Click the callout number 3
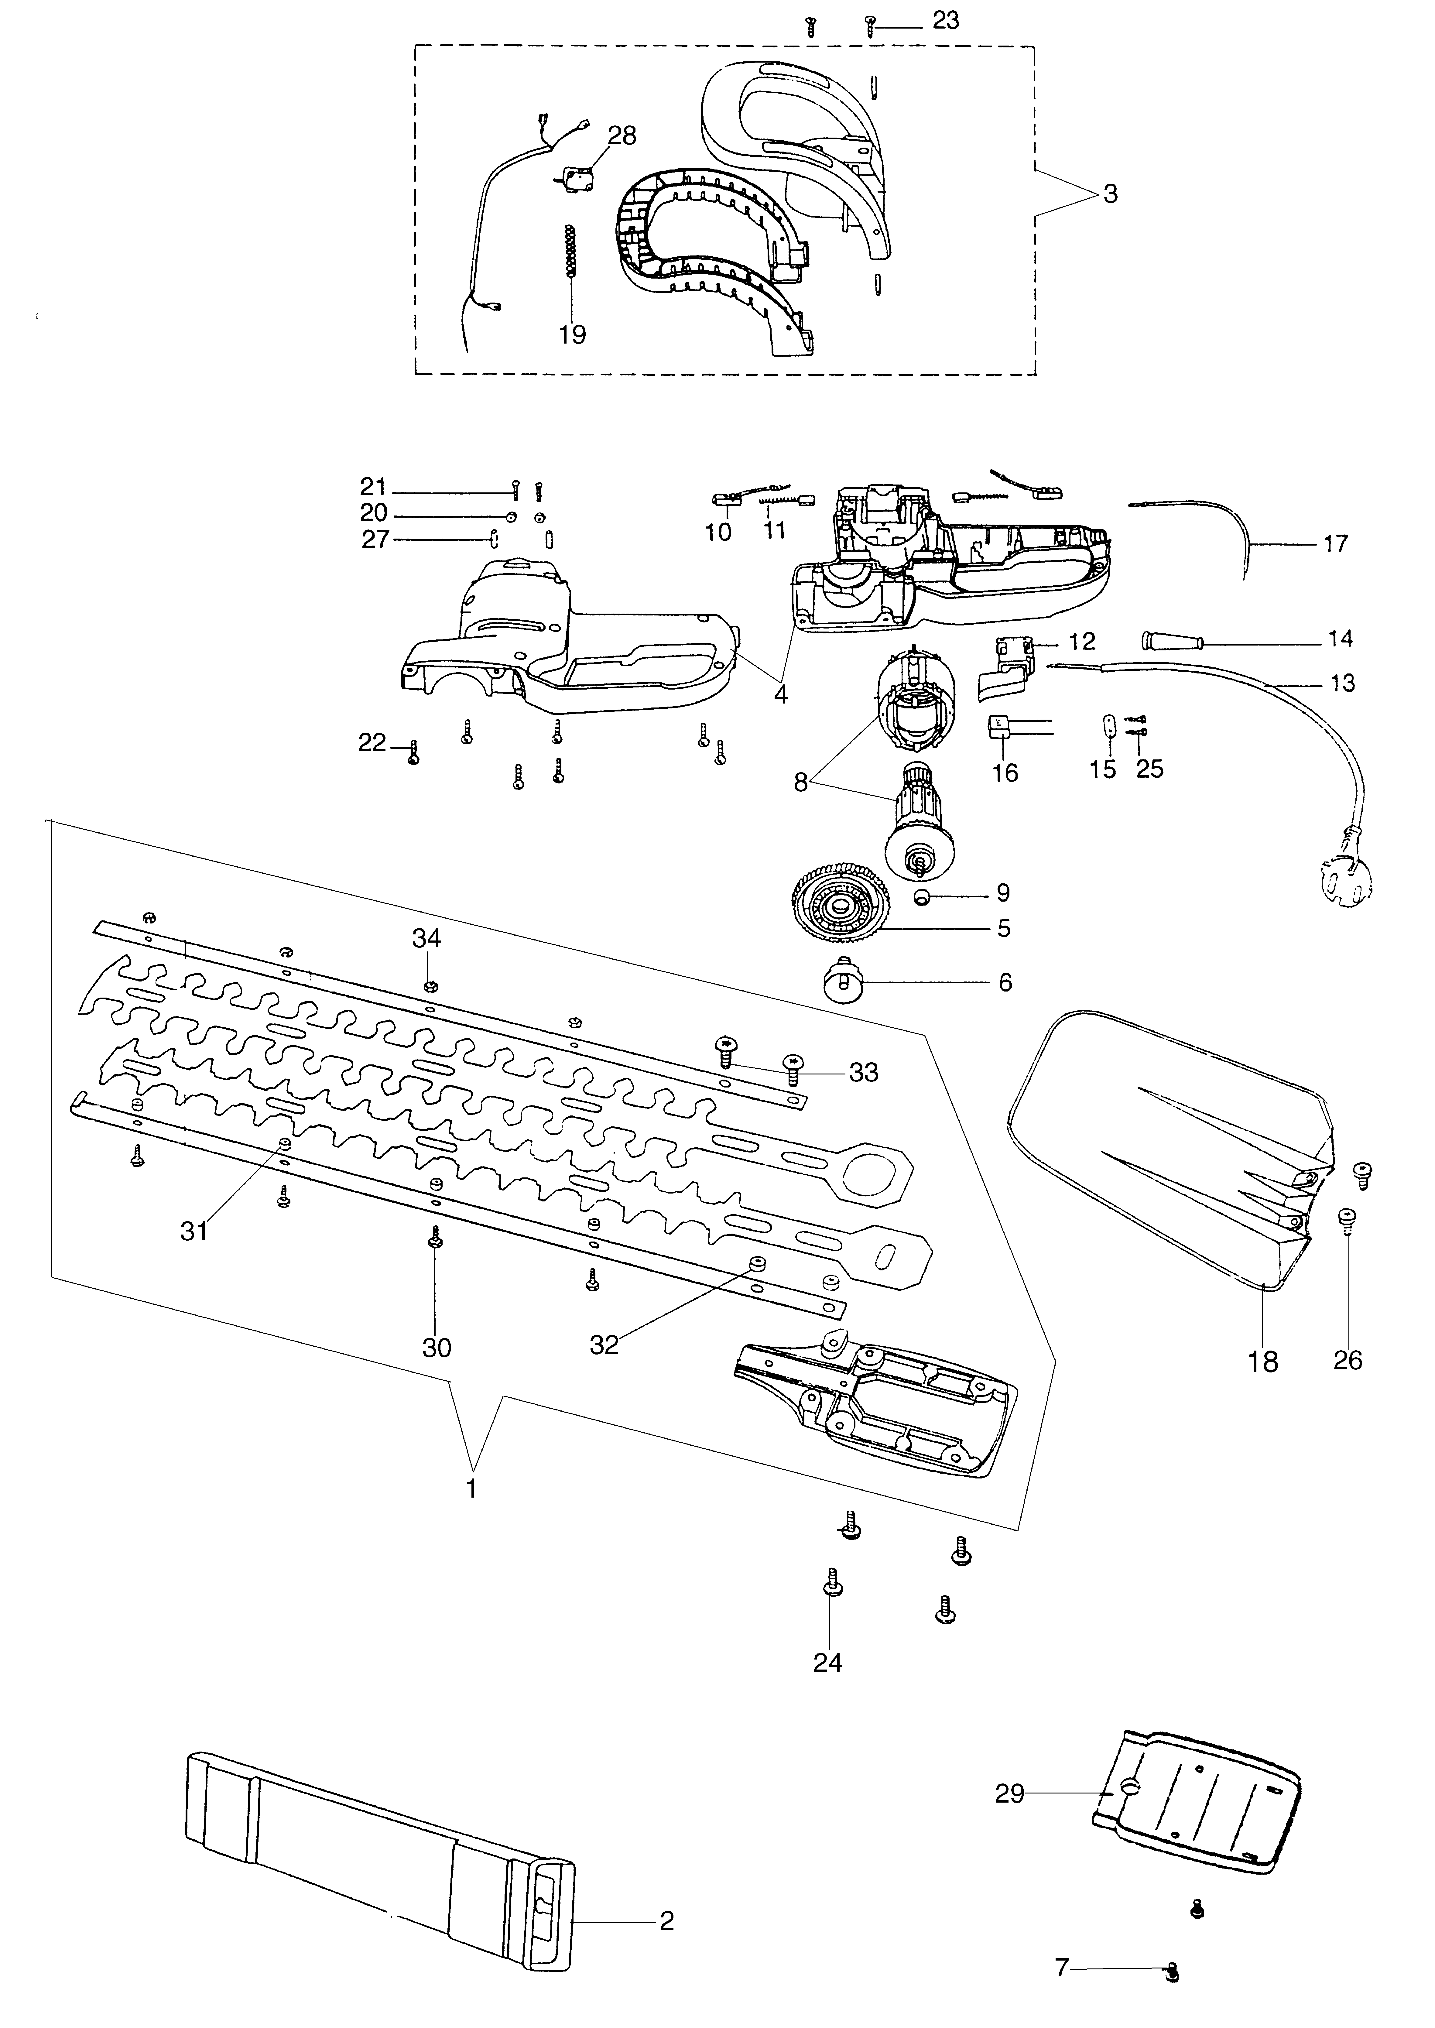click(x=1111, y=194)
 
